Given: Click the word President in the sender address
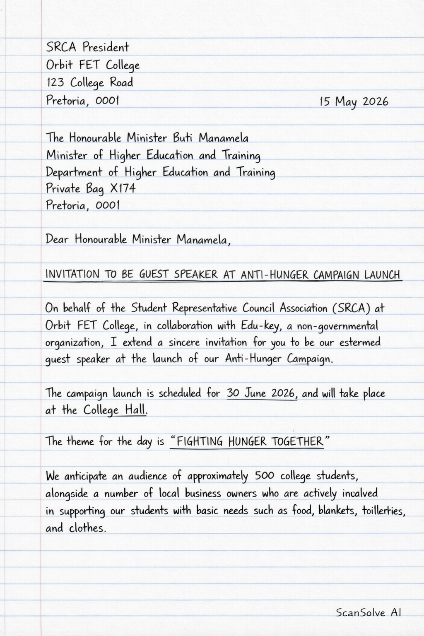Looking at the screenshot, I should click(106, 47).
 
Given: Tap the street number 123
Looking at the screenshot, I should click(55, 82).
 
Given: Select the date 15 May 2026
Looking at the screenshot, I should click(354, 101).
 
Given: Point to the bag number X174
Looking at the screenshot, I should click(123, 188).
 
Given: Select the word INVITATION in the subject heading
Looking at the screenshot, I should click(72, 274).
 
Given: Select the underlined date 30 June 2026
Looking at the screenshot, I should click(262, 393).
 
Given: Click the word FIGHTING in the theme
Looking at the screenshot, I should click(200, 441).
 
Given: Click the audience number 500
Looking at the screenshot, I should click(264, 476).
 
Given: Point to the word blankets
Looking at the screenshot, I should click(337, 511).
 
